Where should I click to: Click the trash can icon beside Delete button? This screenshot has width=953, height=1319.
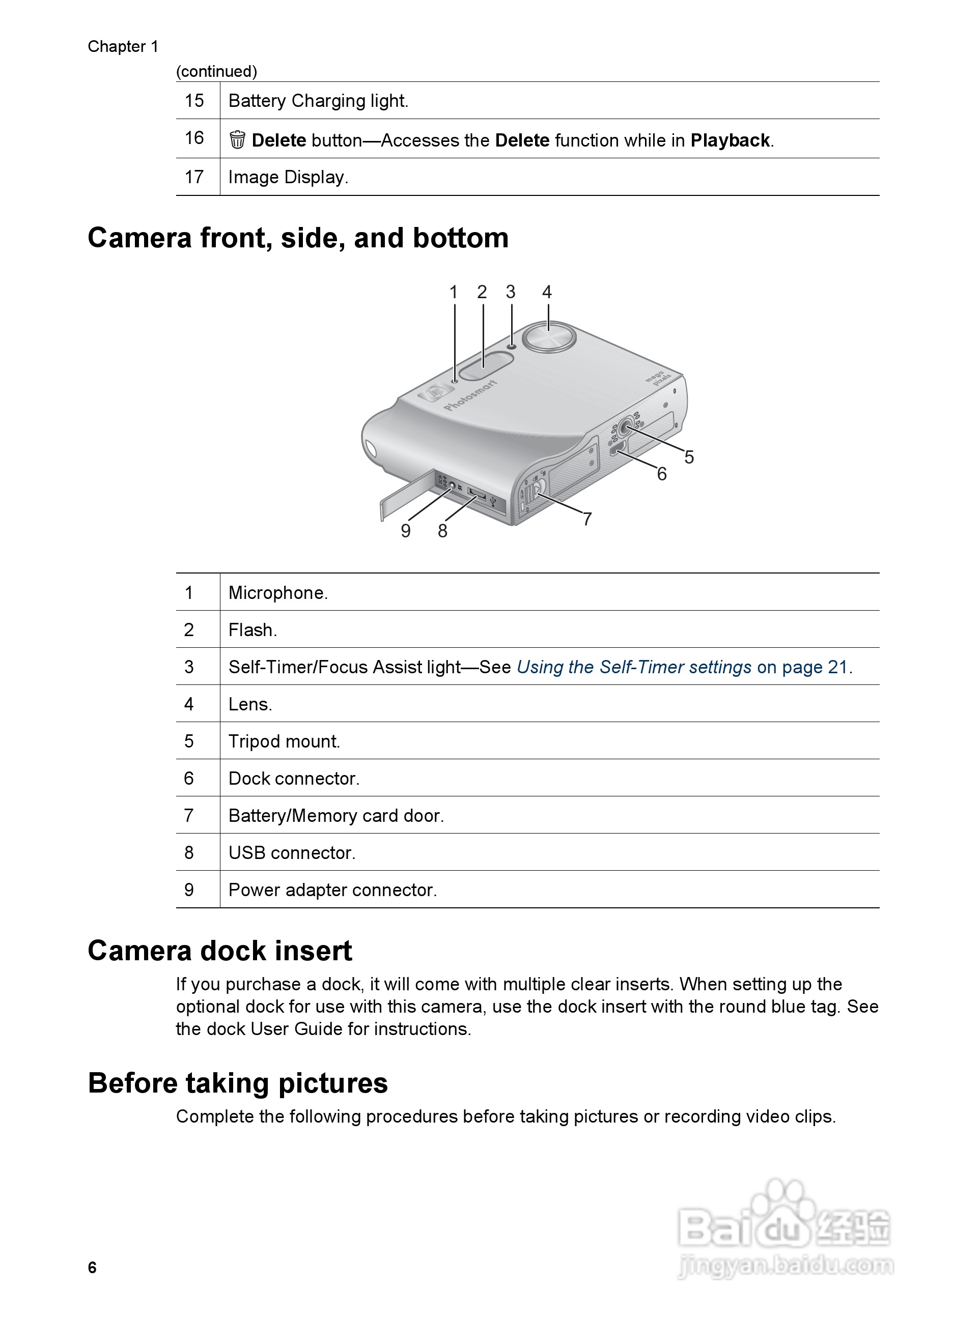(x=237, y=140)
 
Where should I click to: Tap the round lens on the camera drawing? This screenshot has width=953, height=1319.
(x=549, y=336)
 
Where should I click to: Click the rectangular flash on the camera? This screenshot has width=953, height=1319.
(x=485, y=365)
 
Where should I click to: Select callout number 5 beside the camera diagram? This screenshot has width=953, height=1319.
(x=689, y=457)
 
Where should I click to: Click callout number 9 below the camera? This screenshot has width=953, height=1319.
(x=406, y=530)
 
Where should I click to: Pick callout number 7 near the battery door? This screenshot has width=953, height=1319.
(x=587, y=519)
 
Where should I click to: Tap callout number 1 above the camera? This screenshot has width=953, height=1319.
(x=454, y=292)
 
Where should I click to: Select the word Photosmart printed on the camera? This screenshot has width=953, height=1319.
(x=470, y=395)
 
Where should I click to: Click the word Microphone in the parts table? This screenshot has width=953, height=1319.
(x=277, y=593)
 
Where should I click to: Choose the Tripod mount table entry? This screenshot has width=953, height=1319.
(x=284, y=741)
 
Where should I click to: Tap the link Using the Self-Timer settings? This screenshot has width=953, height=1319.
(x=634, y=667)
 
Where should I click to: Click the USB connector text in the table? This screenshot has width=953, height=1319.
(x=292, y=852)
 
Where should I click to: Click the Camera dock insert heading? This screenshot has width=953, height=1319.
(x=220, y=951)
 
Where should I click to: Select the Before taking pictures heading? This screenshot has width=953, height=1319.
(x=238, y=1083)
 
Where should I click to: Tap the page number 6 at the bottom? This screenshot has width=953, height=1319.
(x=93, y=1267)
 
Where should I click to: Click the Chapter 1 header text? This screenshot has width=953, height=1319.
(x=123, y=46)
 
